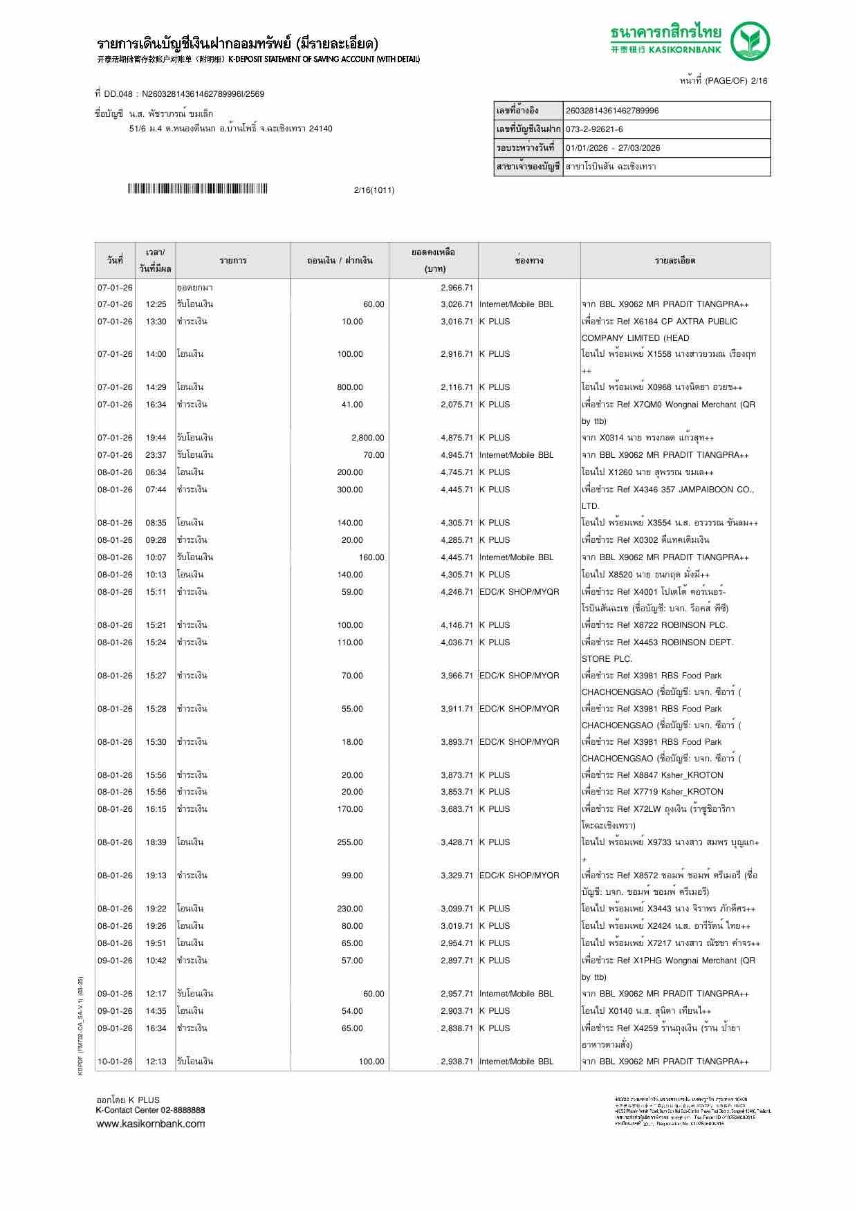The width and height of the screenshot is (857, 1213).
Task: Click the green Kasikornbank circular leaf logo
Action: click(x=750, y=41)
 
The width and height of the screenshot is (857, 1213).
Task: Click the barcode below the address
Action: click(x=197, y=189)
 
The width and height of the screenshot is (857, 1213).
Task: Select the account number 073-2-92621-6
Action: click(x=594, y=129)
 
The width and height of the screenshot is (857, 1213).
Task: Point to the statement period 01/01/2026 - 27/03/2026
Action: click(x=613, y=148)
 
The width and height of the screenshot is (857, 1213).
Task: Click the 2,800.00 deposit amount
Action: click(x=367, y=438)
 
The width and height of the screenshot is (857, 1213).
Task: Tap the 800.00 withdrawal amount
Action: click(x=350, y=387)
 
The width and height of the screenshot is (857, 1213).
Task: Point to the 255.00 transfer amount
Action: click(x=350, y=842)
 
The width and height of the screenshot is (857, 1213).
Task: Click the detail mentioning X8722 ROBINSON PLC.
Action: click(x=654, y=625)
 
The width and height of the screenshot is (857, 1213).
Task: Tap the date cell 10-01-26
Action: click(x=115, y=1062)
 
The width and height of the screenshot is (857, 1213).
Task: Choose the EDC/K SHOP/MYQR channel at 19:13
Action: click(x=519, y=876)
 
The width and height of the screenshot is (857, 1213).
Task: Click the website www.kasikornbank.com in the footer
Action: click(x=150, y=1124)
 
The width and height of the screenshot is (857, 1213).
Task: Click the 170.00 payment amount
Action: click(x=350, y=809)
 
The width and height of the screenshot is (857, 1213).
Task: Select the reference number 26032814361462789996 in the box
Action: click(x=612, y=111)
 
